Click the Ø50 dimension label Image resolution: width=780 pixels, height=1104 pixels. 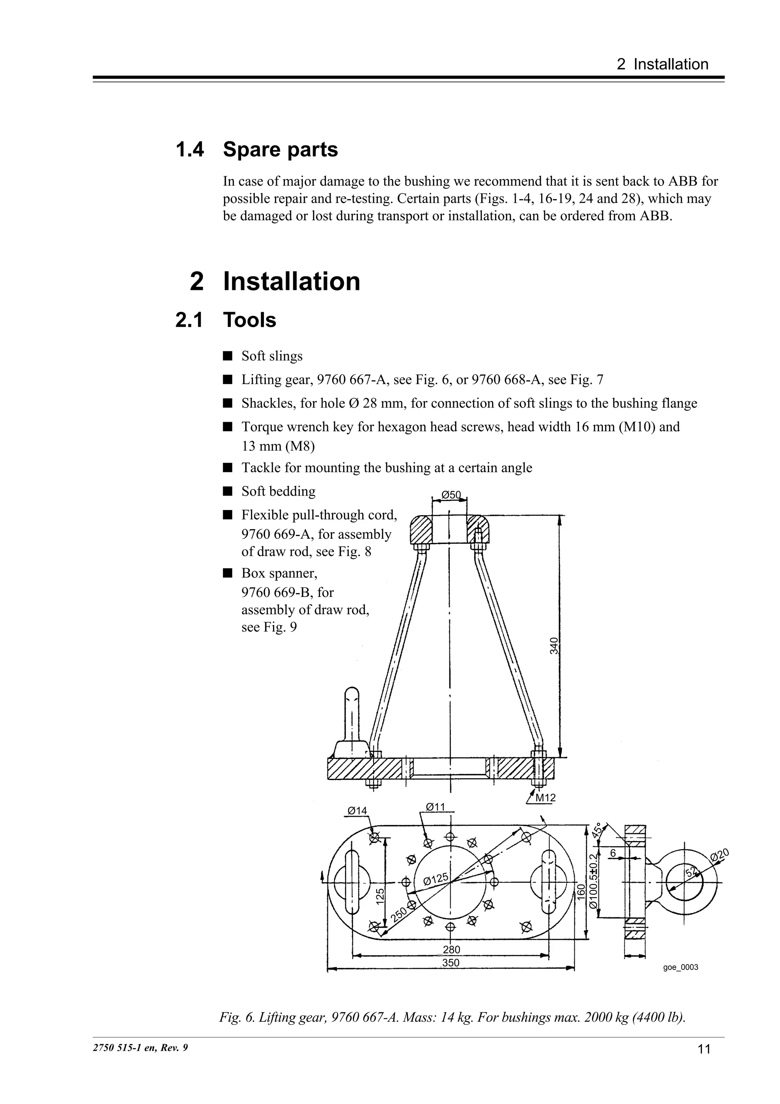click(x=450, y=495)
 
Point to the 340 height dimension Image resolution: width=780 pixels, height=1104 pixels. click(x=554, y=646)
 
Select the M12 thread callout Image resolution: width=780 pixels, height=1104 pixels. click(x=545, y=798)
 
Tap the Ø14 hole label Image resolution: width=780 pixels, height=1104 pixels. click(x=357, y=811)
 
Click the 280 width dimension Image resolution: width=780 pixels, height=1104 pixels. click(x=451, y=950)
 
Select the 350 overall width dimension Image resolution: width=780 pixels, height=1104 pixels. click(x=450, y=963)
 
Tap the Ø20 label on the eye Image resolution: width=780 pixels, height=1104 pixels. click(x=719, y=854)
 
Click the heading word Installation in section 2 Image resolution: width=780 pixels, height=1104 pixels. click(x=291, y=281)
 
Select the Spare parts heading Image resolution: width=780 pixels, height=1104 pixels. click(x=280, y=150)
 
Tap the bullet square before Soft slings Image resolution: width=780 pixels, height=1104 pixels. click(x=228, y=356)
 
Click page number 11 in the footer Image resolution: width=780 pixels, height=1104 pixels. click(x=703, y=1049)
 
